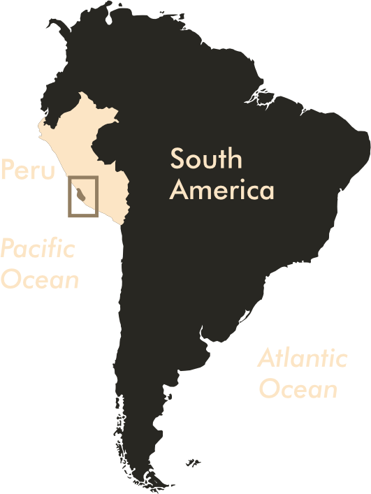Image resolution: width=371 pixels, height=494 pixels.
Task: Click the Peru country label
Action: pos(27,170)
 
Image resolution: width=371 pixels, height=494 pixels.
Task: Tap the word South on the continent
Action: pos(206,159)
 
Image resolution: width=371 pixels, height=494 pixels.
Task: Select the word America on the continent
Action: pos(222,190)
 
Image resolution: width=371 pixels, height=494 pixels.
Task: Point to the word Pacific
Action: pos(38,248)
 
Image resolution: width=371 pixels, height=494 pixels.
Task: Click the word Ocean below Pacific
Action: pos(39,279)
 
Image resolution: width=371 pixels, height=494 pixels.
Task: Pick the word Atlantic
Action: pos(302,359)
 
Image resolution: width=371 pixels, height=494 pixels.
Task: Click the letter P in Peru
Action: pos(8,170)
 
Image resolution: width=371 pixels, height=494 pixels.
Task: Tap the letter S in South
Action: pos(179,159)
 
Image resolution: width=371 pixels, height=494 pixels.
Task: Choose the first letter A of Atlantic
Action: pos(266,359)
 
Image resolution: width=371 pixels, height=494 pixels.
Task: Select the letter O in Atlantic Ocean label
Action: pos(269,389)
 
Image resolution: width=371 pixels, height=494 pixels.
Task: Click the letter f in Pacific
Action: pos(54,248)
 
